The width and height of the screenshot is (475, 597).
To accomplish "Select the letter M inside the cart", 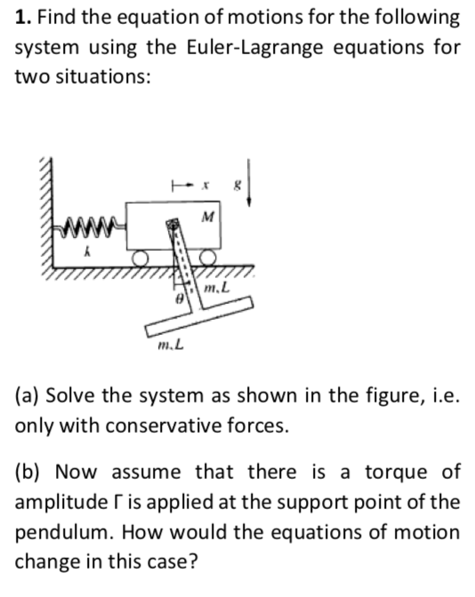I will (207, 214).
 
